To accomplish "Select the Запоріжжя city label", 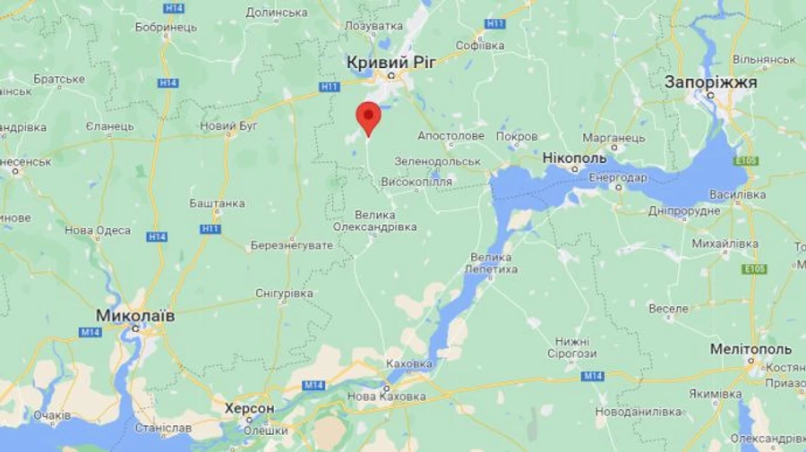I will coord(711,81).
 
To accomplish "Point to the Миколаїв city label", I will coord(135,317).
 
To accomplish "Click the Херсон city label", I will coord(249,408).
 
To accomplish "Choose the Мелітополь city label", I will coord(750,348).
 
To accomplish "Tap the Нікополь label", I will coord(574,158).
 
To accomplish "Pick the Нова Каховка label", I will coord(387,397).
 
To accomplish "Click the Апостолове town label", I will coord(450,136).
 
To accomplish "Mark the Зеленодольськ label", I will coord(438,161).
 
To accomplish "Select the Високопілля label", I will coord(416,182).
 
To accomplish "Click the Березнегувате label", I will coord(291,245).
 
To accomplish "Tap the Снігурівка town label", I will coord(284,294).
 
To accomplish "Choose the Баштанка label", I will coord(217,203).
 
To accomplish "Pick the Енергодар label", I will coord(618,177).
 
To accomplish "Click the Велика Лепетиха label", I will coord(493,263).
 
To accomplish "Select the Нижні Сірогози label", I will coord(571,347).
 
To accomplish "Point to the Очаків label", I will coord(52,415).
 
